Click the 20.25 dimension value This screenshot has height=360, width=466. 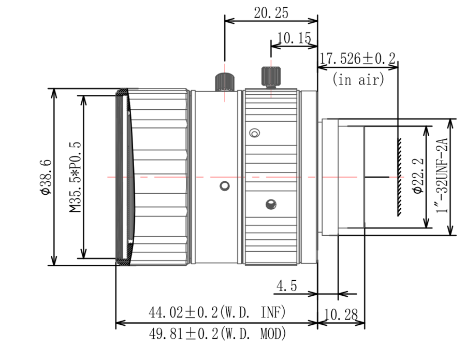point(271,13)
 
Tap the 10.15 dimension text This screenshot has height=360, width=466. point(294,38)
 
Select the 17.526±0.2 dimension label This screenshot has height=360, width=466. point(357,58)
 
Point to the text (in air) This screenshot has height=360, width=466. point(358,79)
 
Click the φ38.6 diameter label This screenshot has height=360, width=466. point(47,177)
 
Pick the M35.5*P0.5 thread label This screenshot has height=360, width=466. point(75,177)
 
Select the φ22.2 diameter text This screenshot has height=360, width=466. point(418,176)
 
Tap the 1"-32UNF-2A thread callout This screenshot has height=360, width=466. point(442,176)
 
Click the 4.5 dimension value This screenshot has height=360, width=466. point(286,286)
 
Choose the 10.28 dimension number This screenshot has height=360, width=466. point(341,314)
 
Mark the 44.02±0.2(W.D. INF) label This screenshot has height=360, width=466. point(217,312)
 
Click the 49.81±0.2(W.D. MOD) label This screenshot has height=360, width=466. point(217,334)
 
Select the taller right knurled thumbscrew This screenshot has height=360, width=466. point(271,77)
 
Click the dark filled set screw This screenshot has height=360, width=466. point(271,204)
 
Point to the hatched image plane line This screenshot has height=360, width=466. point(399,177)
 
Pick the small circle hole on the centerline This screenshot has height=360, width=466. point(224,186)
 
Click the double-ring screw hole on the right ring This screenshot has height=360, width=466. point(254,133)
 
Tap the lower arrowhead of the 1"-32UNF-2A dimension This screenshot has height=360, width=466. point(451,229)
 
